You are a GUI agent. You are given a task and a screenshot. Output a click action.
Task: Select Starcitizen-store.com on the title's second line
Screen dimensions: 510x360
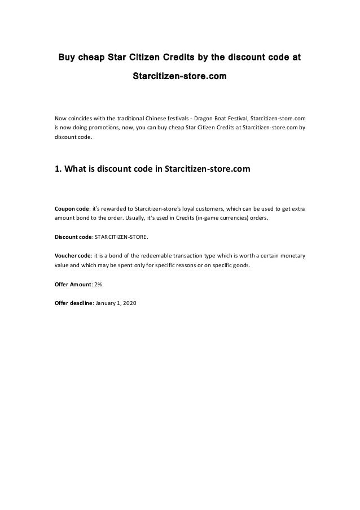[x=179, y=75]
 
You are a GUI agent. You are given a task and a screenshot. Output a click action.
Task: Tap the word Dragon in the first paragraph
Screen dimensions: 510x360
[x=204, y=118]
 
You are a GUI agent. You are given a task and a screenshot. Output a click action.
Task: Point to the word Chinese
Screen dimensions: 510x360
[x=146, y=118]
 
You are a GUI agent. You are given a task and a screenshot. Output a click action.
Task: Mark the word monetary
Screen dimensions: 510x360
[x=292, y=255]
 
